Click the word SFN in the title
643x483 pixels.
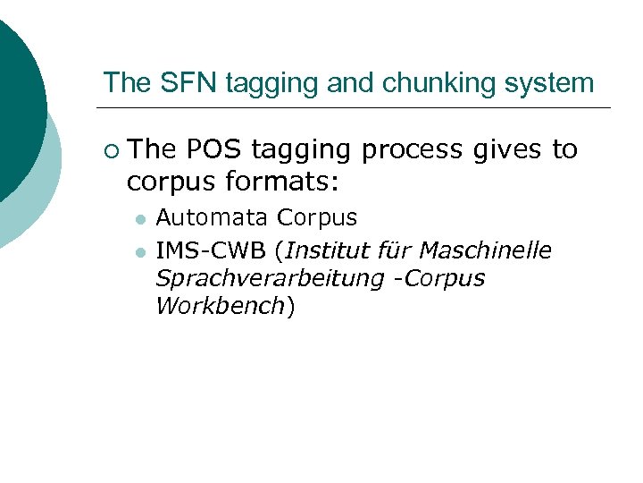click(178, 83)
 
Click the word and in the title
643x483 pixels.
click(348, 83)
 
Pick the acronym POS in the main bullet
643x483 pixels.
click(215, 149)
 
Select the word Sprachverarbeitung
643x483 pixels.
click(269, 278)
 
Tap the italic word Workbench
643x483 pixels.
click(220, 307)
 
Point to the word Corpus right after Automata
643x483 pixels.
click(317, 217)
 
